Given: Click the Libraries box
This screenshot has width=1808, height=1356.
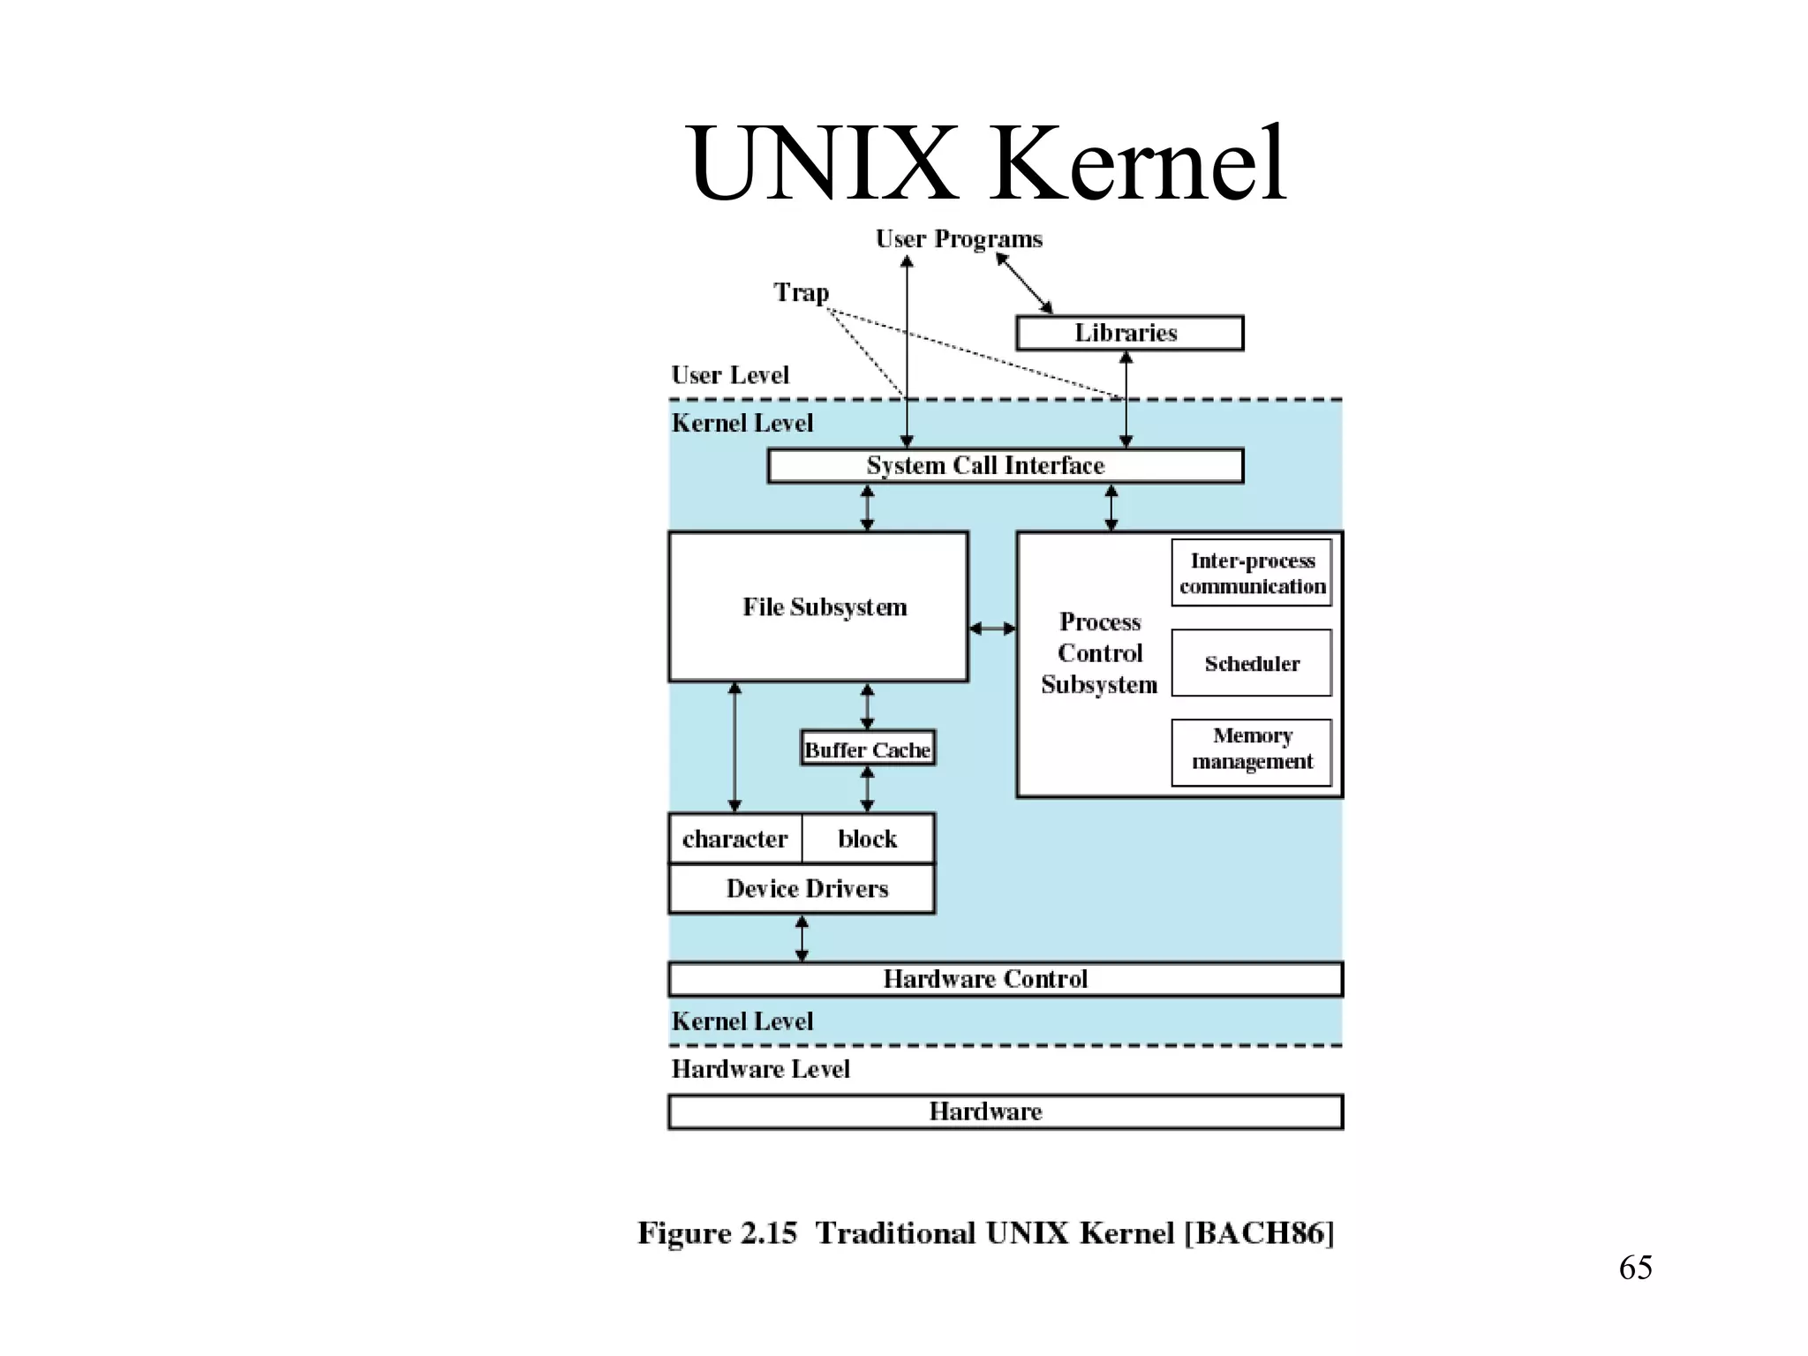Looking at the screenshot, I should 1129,333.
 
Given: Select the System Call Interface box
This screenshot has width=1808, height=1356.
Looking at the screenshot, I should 1005,465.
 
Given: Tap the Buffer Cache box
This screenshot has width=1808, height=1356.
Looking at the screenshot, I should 867,749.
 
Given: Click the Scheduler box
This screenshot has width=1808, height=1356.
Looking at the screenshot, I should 1251,663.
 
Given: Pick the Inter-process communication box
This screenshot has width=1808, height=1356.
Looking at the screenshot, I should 1251,573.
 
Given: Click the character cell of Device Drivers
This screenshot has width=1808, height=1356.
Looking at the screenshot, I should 734,838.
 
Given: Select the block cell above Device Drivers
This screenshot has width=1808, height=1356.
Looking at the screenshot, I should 867,838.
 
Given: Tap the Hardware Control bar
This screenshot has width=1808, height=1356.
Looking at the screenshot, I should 1005,979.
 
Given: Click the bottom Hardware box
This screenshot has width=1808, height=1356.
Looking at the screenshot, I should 1005,1111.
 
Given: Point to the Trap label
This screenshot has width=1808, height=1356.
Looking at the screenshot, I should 801,292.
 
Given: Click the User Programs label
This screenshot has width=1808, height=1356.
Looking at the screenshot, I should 959,239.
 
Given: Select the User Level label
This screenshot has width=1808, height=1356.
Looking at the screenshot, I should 729,375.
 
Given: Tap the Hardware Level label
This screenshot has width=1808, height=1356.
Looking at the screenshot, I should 760,1069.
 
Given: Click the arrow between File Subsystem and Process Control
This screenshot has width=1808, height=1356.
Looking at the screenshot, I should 992,629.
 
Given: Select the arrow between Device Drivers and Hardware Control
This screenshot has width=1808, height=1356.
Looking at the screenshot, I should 802,938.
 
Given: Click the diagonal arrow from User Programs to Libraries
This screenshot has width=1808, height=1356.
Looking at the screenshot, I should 1025,283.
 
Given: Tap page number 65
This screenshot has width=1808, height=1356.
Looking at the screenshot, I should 1635,1268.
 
